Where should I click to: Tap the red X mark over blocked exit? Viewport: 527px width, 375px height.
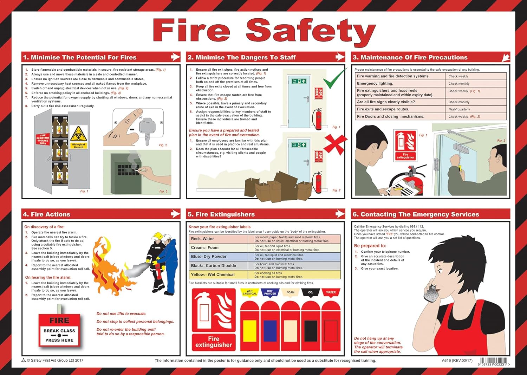(x=335, y=144)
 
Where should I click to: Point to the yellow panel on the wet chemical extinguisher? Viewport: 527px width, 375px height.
(x=250, y=331)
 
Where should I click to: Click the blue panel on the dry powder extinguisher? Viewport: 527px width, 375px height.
(x=270, y=331)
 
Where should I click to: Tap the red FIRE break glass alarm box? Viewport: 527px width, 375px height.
(x=59, y=330)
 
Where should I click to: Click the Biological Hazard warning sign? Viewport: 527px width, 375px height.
(x=79, y=137)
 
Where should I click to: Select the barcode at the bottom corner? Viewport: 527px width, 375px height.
(x=494, y=361)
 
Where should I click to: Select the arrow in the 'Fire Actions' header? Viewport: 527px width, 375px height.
(x=175, y=214)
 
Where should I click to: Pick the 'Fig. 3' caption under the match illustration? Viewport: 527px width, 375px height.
(x=163, y=191)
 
